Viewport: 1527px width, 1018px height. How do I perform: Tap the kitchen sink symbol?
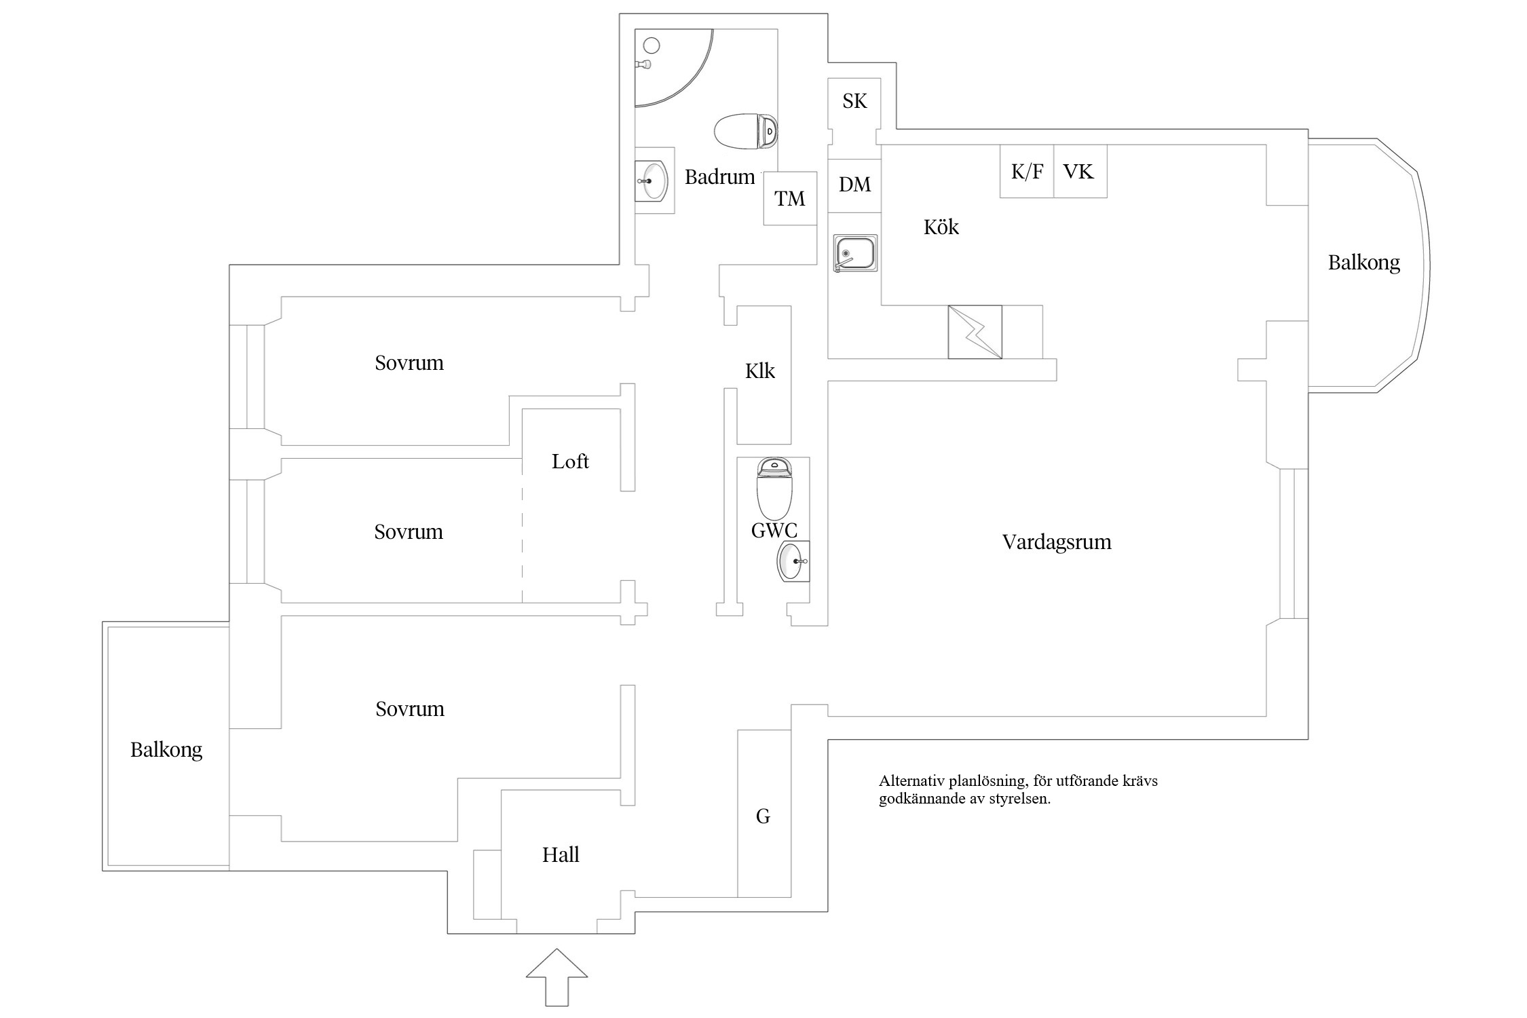[855, 253]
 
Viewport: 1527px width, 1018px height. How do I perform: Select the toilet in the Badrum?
[746, 131]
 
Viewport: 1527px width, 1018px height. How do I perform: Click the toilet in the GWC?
[774, 489]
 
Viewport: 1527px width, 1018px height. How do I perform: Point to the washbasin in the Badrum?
[654, 181]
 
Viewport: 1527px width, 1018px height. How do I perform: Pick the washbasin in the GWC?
[793, 561]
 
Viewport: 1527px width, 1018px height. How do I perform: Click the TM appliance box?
[789, 198]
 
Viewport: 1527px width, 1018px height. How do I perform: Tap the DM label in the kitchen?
[854, 185]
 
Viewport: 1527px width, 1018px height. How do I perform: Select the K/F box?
[1026, 172]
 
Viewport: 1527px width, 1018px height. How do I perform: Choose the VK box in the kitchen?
[1079, 172]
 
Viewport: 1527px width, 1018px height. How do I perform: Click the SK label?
[854, 101]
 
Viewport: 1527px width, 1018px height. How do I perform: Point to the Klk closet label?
[759, 371]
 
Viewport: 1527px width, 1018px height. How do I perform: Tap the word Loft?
[570, 461]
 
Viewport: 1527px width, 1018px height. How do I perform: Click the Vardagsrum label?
[1056, 542]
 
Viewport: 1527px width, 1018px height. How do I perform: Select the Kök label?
[941, 227]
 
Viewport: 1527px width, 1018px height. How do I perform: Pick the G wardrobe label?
[763, 816]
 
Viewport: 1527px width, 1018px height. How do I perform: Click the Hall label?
[561, 854]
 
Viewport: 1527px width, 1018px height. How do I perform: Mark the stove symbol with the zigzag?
[975, 332]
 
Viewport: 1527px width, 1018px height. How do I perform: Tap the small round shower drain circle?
[652, 46]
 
